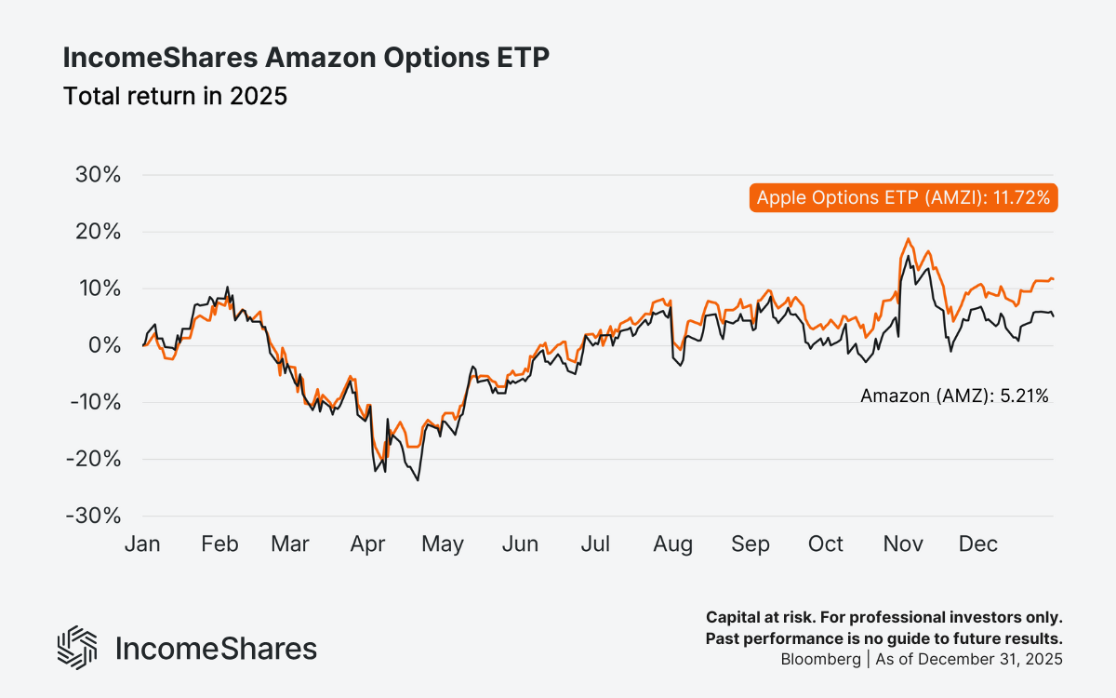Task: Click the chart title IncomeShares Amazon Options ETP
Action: click(306, 58)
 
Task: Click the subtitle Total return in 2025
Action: click(175, 96)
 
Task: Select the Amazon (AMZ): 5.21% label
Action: click(954, 396)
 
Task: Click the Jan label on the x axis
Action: click(142, 544)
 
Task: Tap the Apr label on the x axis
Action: click(368, 544)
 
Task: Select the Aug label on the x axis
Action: click(672, 544)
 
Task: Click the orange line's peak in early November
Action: click(908, 239)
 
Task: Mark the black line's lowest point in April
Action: click(418, 479)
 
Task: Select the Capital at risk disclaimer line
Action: click(883, 617)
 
